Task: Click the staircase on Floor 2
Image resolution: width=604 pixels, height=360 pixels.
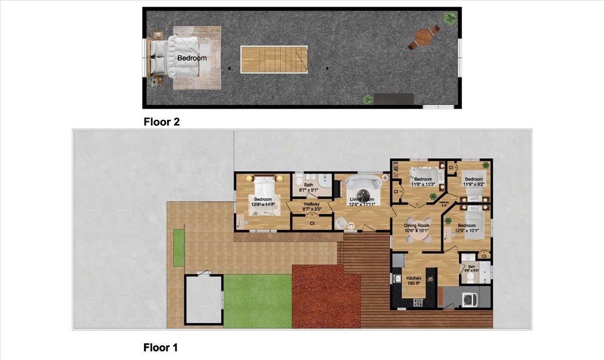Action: pos(274,59)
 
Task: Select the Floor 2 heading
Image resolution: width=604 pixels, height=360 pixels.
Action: pos(162,121)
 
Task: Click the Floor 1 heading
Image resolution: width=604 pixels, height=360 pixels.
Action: pos(161,347)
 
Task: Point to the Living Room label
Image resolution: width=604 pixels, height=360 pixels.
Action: pos(362,199)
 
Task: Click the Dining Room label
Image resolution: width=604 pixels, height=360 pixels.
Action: pos(417,225)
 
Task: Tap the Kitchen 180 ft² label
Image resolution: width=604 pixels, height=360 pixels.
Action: pos(413,280)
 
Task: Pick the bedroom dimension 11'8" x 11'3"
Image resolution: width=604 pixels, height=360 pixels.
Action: pos(423,184)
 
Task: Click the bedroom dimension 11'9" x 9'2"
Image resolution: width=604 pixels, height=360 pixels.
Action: pos(473,184)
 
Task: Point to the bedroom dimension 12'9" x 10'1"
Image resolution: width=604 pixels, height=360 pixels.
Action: pos(467,231)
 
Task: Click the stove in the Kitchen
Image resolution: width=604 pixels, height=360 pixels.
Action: pos(418,302)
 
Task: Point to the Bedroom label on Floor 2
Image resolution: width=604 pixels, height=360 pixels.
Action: pos(192,58)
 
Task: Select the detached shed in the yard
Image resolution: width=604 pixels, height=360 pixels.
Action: pos(203,300)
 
